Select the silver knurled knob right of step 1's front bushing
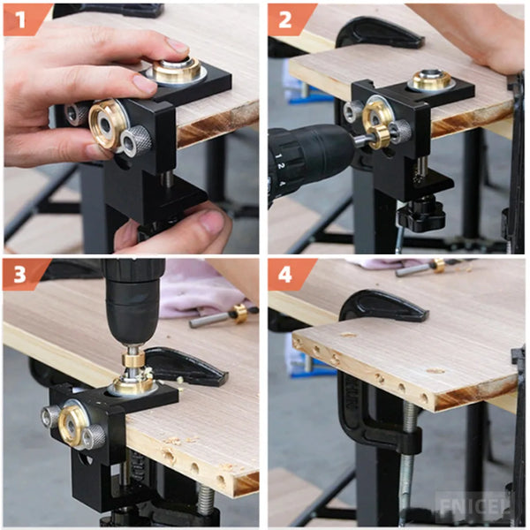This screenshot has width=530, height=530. pos(137,140)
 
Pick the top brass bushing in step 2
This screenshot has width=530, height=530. pos(431,81)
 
